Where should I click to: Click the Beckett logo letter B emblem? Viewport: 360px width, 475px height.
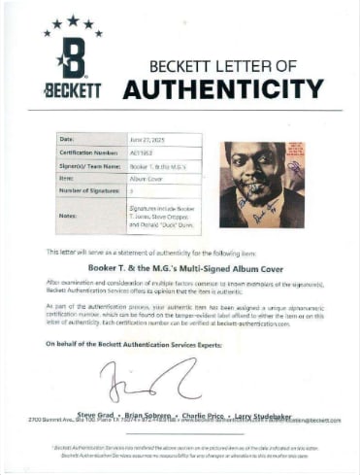(73, 57)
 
